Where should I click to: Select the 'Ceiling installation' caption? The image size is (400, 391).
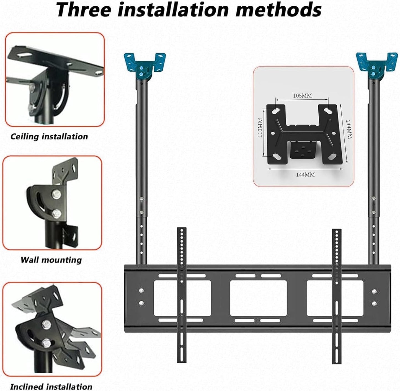pyautogui.click(x=49, y=137)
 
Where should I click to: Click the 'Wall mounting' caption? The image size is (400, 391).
pyautogui.click(x=51, y=260)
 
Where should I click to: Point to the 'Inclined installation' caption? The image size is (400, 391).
pyautogui.click(x=51, y=387)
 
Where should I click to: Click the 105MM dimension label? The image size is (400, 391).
pyautogui.click(x=302, y=96)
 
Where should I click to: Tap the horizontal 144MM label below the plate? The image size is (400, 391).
pyautogui.click(x=305, y=175)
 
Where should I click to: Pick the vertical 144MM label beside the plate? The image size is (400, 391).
pyautogui.click(x=349, y=130)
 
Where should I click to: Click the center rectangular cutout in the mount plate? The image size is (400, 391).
pyautogui.click(x=258, y=298)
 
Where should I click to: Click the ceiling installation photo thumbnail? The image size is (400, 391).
pyautogui.click(x=55, y=79)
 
